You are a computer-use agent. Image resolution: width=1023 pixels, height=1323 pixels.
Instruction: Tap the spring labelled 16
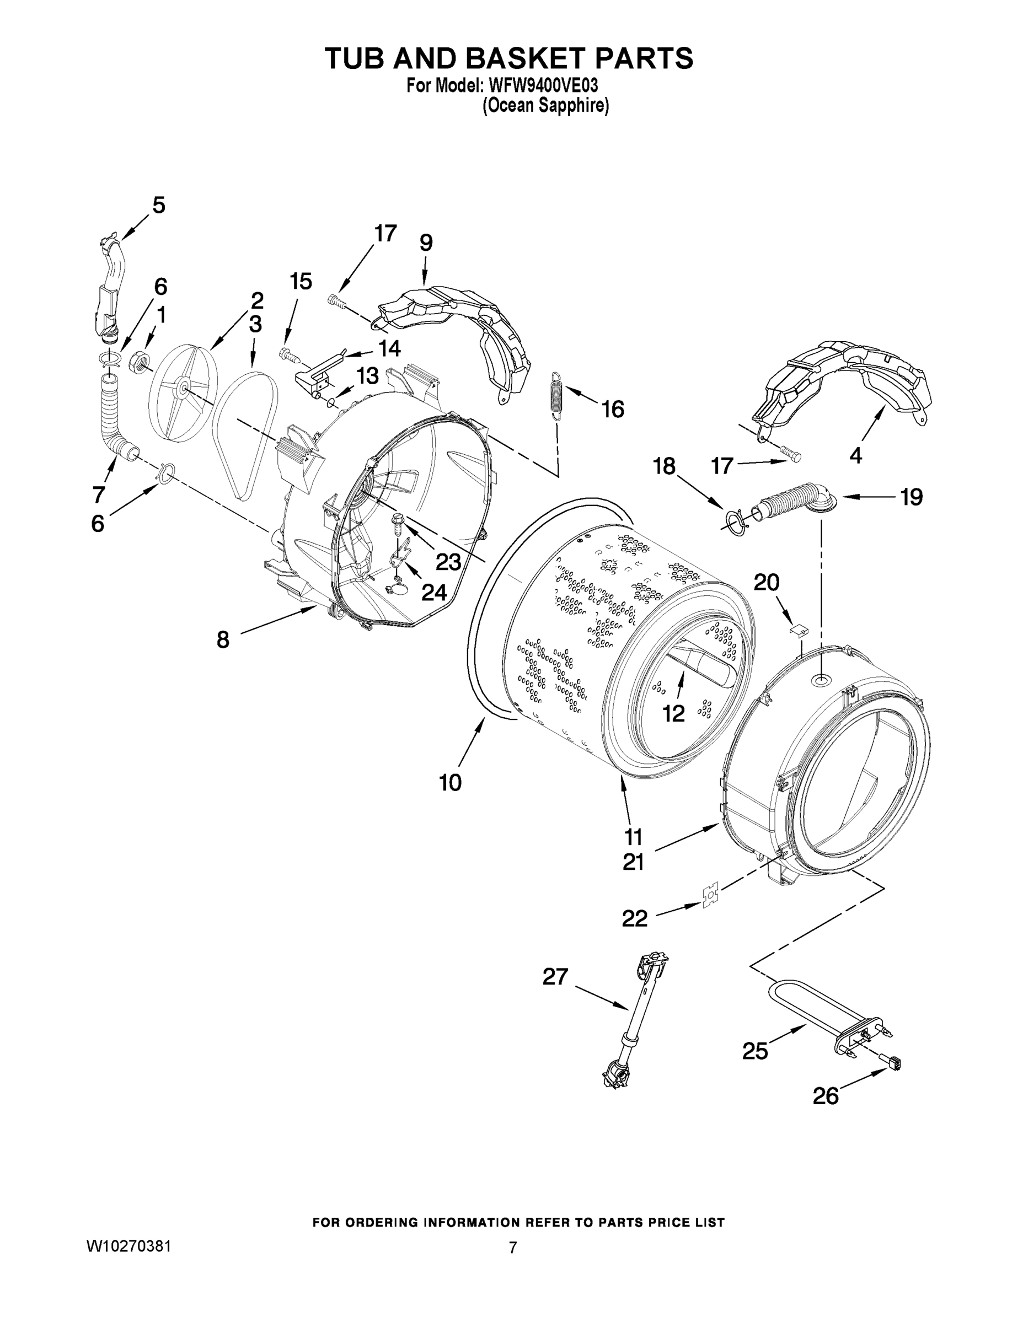[x=557, y=394]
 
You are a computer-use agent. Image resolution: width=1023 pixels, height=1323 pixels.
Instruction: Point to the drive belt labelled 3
[x=245, y=436]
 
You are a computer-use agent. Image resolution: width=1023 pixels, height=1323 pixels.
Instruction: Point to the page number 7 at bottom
[x=512, y=1248]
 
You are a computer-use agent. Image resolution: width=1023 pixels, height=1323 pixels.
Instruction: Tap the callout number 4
[x=855, y=455]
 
